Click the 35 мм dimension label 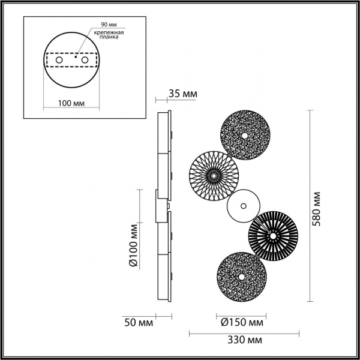click(x=182, y=94)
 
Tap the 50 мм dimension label click(x=137, y=323)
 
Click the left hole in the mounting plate click(x=59, y=61)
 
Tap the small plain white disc click(x=243, y=206)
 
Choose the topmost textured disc click(x=245, y=135)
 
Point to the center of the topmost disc click(x=245, y=135)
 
